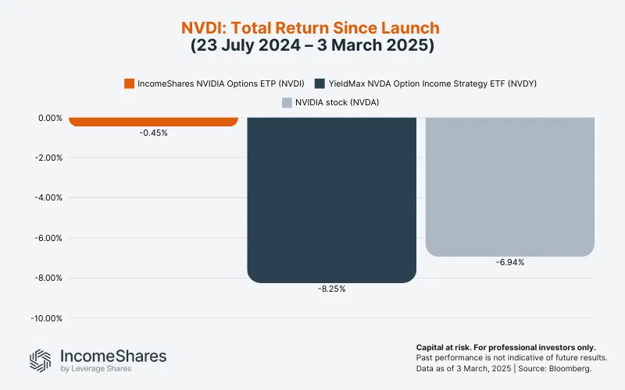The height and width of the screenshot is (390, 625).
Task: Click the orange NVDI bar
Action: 153,122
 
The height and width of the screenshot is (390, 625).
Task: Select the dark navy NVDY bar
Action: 331,199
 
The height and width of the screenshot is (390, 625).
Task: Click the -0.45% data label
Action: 153,133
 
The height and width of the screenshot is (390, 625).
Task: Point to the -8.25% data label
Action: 331,289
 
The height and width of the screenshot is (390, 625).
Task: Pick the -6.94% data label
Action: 509,263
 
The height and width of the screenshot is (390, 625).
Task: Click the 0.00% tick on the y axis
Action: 49,119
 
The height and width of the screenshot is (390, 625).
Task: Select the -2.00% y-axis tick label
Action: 48,158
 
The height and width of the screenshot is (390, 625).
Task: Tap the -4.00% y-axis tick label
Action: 48,198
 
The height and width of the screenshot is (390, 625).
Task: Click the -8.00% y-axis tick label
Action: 48,278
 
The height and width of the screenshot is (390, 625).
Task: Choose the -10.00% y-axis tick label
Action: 45,318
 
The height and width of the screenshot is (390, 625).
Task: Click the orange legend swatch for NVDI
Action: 130,83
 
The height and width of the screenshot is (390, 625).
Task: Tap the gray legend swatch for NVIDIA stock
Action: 287,101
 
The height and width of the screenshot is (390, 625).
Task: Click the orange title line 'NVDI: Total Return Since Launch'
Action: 312,28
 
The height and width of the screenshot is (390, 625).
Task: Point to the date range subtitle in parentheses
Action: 312,46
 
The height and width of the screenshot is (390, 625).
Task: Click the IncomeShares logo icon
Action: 41,360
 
